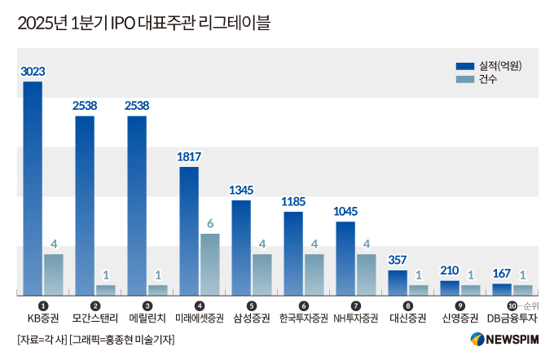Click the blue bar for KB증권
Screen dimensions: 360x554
(x=33, y=188)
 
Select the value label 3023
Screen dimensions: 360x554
(x=33, y=72)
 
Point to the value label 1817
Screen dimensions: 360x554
(x=189, y=156)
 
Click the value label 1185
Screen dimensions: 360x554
(x=293, y=200)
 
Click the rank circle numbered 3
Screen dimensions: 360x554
(x=147, y=305)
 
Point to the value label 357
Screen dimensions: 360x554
(x=398, y=261)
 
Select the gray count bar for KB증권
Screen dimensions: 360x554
(x=54, y=274)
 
